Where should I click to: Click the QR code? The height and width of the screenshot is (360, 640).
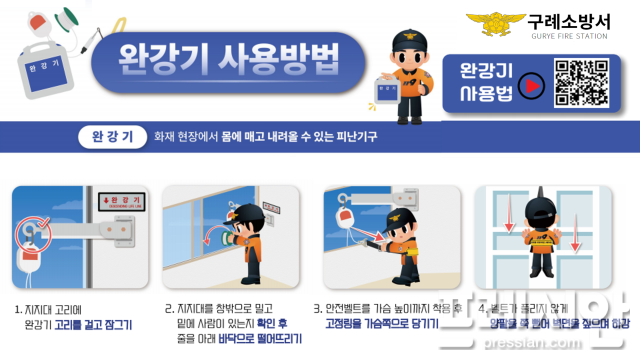[581, 82]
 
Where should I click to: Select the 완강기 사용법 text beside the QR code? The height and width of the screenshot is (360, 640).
[485, 83]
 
